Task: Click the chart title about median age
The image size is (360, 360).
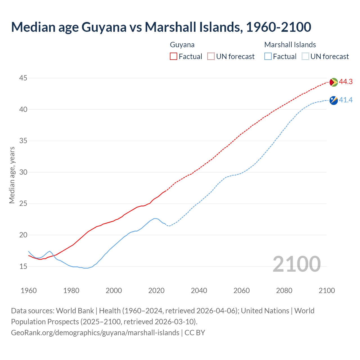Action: pos(161,27)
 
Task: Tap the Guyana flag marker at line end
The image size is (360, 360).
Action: pos(333,82)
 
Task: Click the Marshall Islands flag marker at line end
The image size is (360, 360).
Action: pos(333,100)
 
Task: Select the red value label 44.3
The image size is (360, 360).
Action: pos(346,82)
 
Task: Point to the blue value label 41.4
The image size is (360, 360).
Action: pos(346,100)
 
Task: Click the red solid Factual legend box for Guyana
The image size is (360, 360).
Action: pos(174,57)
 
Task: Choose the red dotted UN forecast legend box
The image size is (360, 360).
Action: pos(211,57)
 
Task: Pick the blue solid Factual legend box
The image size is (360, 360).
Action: pos(268,57)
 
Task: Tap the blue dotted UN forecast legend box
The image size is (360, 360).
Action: pos(305,57)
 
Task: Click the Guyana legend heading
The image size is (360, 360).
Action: pos(182,45)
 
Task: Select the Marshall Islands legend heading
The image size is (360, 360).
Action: pos(290,45)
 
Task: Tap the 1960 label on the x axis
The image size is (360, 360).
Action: pos(29,291)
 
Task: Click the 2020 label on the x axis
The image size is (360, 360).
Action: pos(156,291)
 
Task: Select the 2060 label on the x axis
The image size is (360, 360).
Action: pos(242,291)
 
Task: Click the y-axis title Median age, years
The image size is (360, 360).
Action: pos(12,175)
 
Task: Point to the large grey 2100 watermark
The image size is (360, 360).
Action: pos(296,264)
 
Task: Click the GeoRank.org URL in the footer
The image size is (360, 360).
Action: pos(95,333)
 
